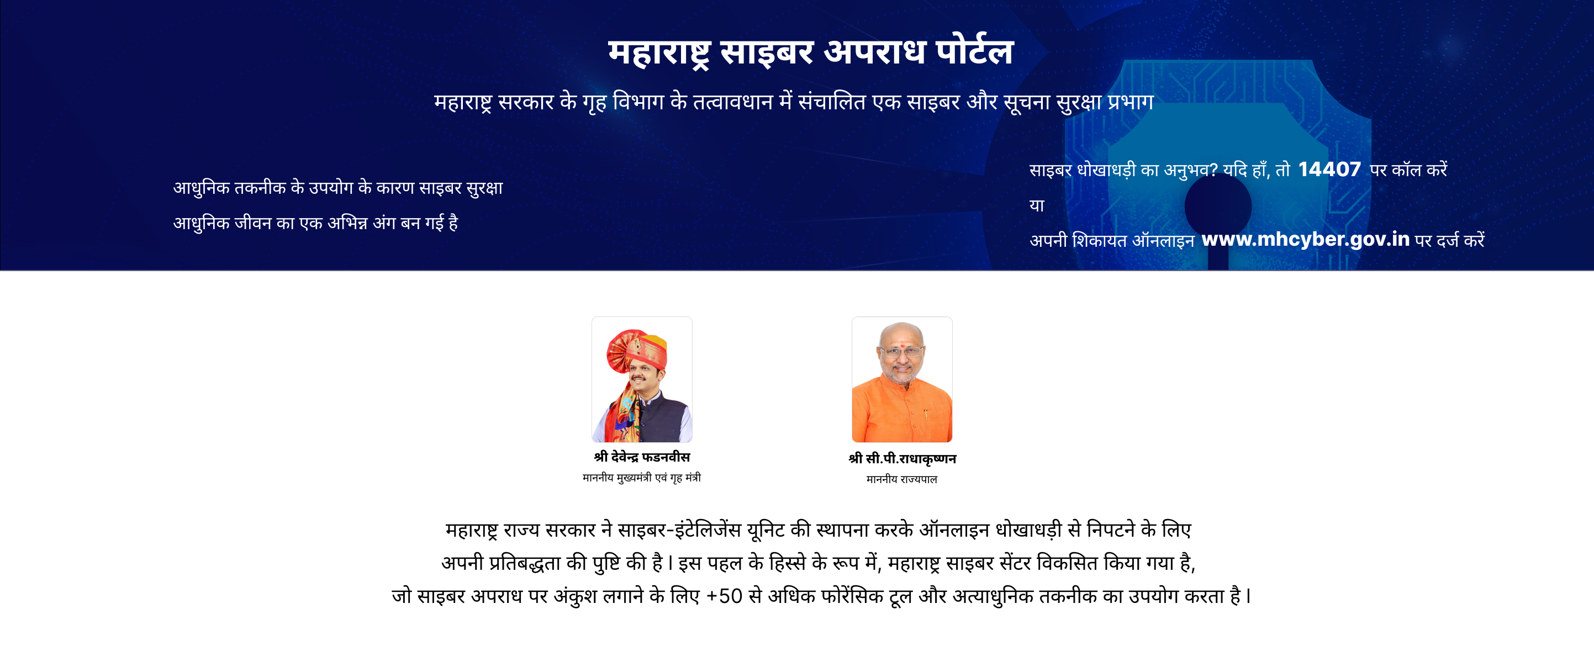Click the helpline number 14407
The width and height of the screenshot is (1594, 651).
point(1329,169)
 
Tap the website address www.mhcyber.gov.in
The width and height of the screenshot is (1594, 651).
point(1306,239)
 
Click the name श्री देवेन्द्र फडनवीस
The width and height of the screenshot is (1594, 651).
point(642,457)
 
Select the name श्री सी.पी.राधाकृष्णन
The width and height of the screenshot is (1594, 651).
point(902,458)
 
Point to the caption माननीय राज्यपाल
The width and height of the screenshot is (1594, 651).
point(901,479)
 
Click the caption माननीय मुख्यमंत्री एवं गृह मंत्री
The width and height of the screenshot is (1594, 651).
point(642,477)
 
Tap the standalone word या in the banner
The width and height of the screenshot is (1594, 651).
point(1037,205)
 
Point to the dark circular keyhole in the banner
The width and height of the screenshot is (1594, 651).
point(1218,206)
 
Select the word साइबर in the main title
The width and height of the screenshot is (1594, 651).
point(767,52)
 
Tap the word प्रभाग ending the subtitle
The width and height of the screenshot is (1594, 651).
point(1131,101)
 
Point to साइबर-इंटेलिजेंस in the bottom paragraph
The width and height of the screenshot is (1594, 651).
point(679,529)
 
